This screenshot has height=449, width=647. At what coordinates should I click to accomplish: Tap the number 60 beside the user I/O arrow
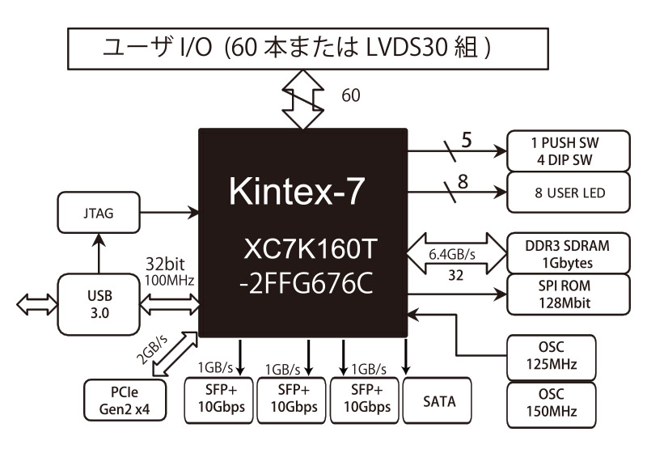tap(350, 95)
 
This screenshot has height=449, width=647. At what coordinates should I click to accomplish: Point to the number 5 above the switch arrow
tap(466, 139)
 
